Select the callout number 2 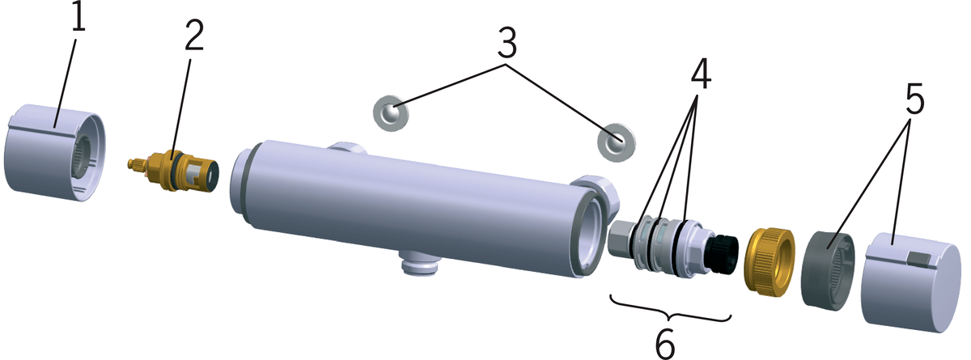[x=193, y=35]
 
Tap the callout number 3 [x=507, y=44]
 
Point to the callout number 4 [x=701, y=74]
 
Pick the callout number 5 [x=914, y=100]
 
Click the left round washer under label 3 [x=391, y=113]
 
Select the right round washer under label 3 [x=617, y=142]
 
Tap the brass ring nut [x=770, y=263]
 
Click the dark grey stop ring [x=828, y=270]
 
